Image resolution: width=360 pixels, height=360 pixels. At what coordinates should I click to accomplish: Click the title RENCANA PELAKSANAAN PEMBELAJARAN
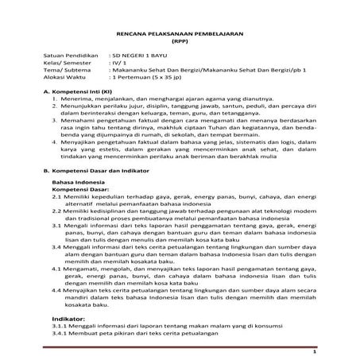[x=180, y=26]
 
